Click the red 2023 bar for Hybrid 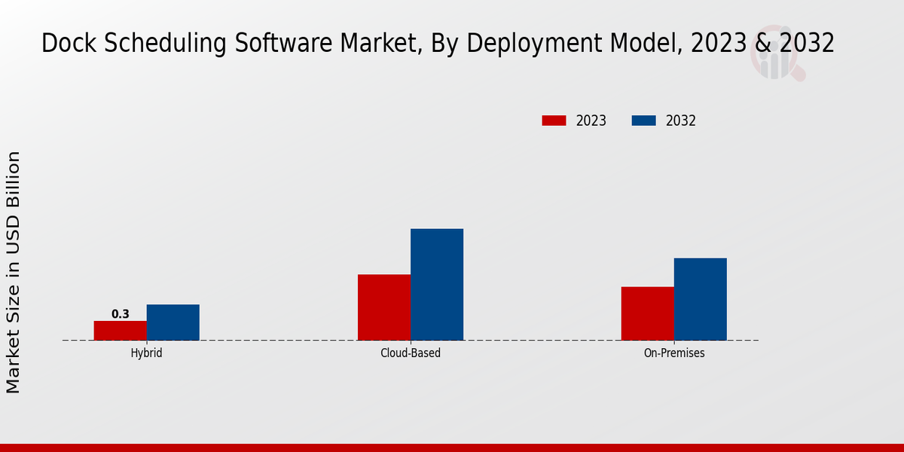click(x=121, y=331)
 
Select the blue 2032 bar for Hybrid click(x=173, y=322)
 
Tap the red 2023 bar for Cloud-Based click(x=384, y=307)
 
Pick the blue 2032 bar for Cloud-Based click(x=437, y=285)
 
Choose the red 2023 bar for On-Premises click(x=648, y=313)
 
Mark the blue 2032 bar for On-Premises click(x=701, y=299)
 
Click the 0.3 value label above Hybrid click(x=121, y=314)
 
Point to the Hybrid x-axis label click(x=146, y=353)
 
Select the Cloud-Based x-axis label click(x=411, y=353)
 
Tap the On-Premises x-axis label click(x=674, y=353)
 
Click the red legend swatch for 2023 click(x=554, y=121)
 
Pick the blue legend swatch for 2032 click(x=643, y=121)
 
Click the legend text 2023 click(x=591, y=121)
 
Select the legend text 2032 click(x=681, y=121)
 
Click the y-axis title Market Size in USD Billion click(x=14, y=271)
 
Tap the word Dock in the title click(x=69, y=44)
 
